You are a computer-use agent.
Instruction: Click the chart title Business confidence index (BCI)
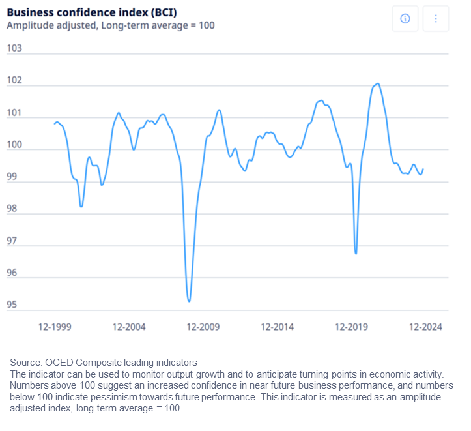92,12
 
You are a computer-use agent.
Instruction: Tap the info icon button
405,19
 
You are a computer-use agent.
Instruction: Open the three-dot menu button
436,19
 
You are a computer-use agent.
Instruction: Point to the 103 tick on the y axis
14,48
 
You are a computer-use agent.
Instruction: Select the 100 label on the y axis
14,145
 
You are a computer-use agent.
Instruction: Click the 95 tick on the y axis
12,305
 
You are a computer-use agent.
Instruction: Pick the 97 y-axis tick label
12,241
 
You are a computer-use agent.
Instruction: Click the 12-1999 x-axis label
55,327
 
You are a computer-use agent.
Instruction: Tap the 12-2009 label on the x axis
203,327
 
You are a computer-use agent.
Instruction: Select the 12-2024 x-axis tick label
425,327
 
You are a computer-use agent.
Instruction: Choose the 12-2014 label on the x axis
278,327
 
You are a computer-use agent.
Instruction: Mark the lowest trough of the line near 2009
189,301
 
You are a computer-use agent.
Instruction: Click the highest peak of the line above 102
378,84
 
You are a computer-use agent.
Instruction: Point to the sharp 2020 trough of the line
356,254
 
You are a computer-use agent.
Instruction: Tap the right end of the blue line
423,169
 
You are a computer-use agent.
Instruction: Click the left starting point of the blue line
55,123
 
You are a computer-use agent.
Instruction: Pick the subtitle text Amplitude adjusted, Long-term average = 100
111,25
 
